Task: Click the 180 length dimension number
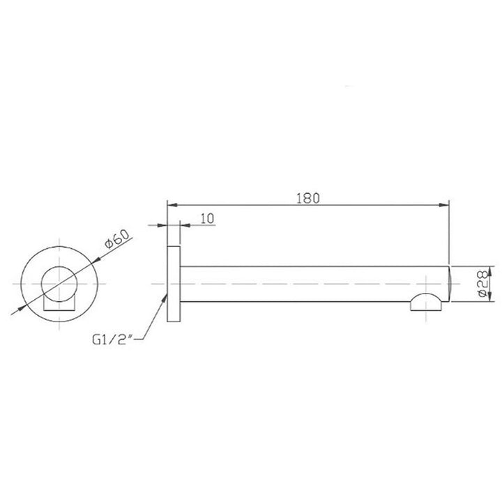click(x=307, y=197)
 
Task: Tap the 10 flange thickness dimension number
click(x=206, y=218)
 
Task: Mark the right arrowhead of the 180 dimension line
click(x=446, y=205)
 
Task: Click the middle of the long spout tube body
click(x=314, y=284)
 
